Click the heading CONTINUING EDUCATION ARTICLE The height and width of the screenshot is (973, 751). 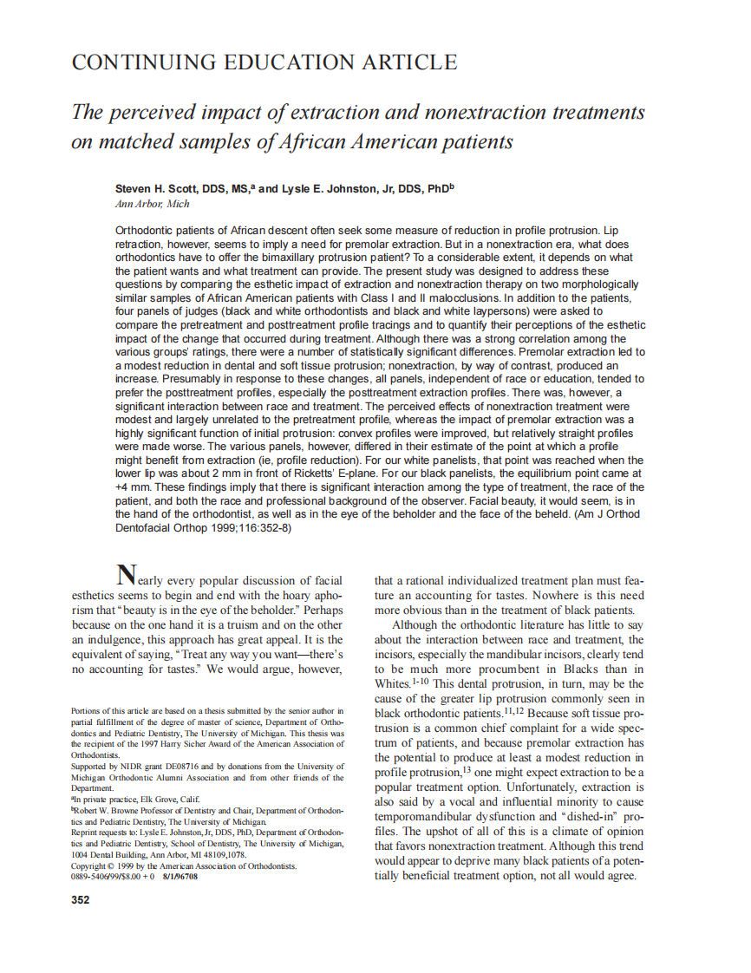pyautogui.click(x=264, y=62)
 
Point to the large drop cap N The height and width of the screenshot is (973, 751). pyautogui.click(x=127, y=575)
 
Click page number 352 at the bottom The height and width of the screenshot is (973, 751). pyautogui.click(x=80, y=900)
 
